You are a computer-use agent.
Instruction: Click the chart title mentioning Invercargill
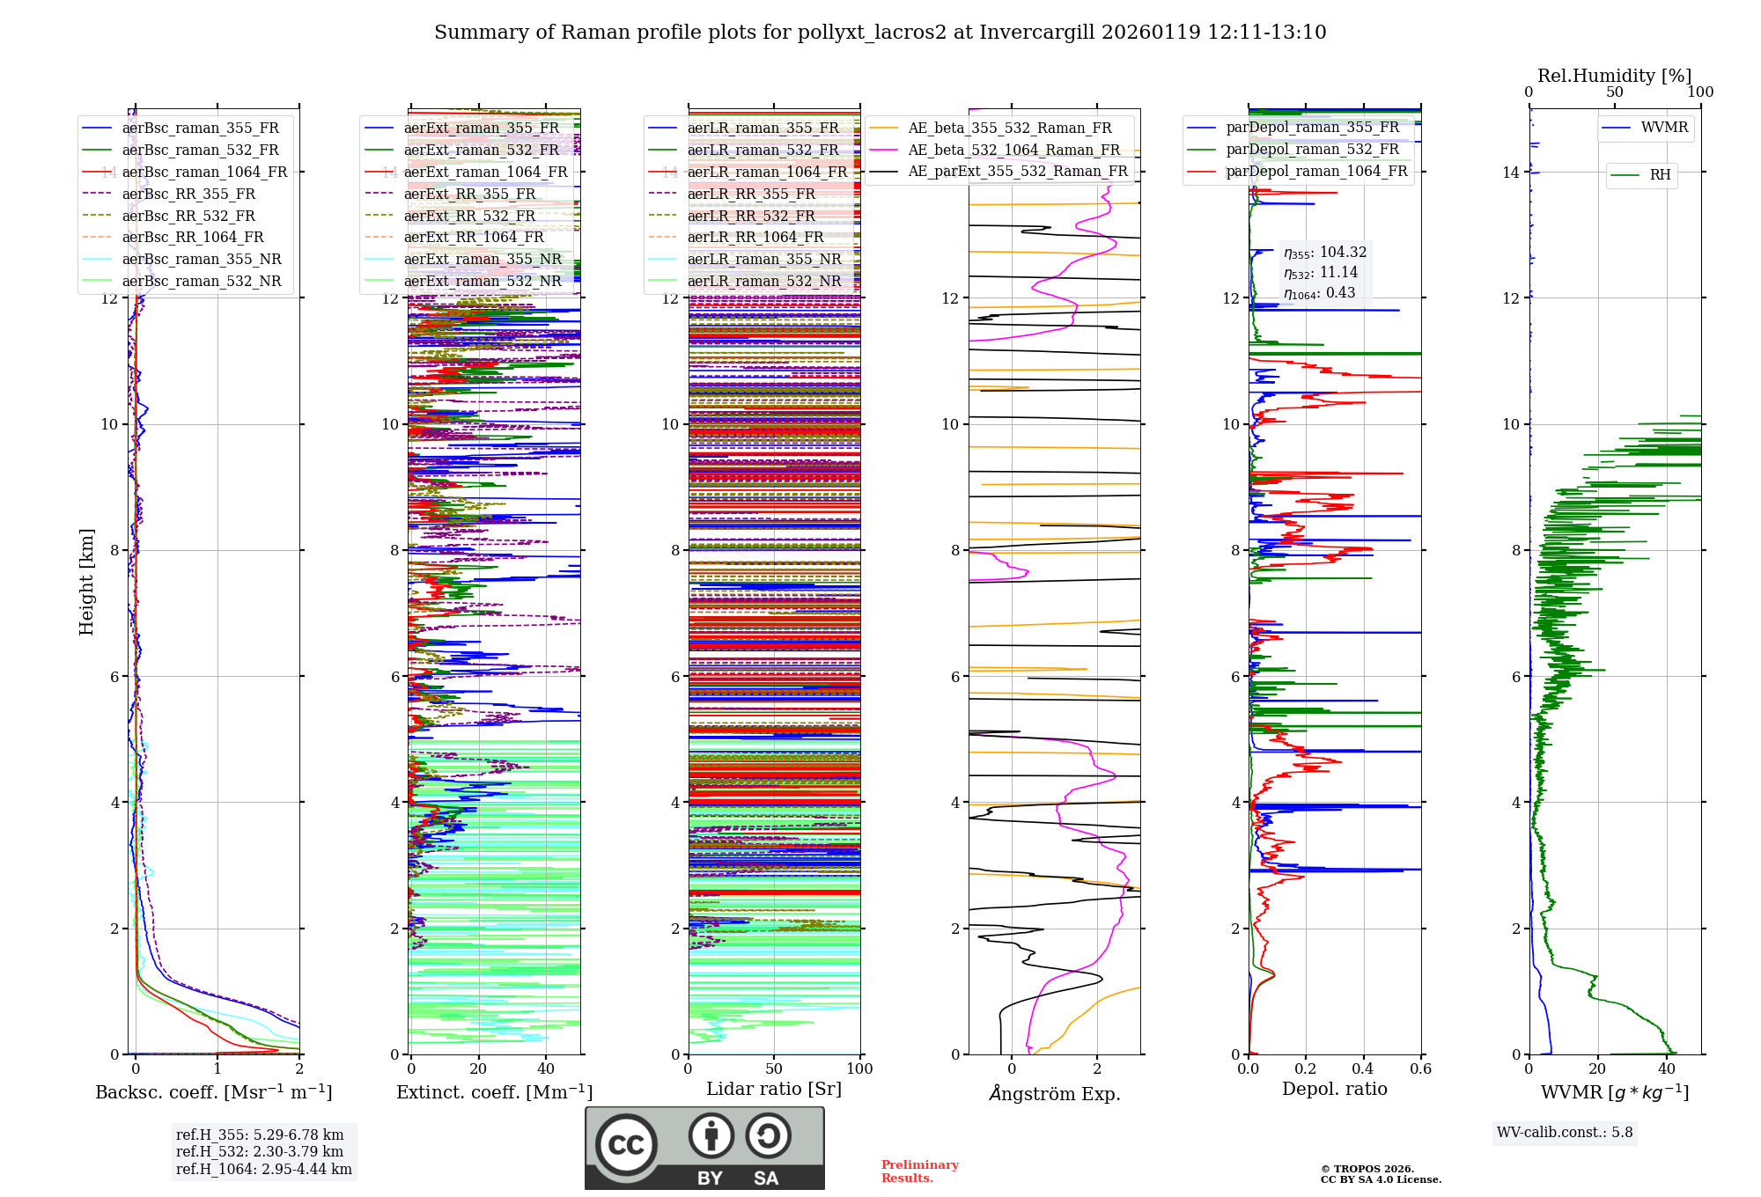(880, 33)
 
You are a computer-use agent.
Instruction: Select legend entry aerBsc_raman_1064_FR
(204, 172)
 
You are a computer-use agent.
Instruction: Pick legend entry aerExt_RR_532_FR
(468, 216)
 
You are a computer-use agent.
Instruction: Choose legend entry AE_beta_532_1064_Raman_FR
(1013, 150)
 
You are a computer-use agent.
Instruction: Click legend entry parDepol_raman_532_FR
(1312, 150)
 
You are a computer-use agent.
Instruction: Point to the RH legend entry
(1660, 175)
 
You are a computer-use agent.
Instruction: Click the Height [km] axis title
(86, 581)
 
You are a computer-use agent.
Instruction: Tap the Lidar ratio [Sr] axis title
(773, 1089)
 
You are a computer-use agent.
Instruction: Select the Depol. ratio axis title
(1334, 1089)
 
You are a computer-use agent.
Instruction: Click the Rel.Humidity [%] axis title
(1614, 76)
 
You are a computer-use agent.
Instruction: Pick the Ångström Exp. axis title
(1054, 1093)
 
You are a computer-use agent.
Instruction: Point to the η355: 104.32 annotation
(1324, 253)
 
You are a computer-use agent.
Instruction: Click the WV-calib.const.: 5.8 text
(1564, 1132)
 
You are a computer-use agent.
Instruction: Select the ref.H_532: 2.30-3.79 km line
(260, 1151)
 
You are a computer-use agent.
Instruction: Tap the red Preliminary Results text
(919, 1171)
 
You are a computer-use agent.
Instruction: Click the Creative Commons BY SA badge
(704, 1148)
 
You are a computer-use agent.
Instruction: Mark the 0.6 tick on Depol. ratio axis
(1420, 1069)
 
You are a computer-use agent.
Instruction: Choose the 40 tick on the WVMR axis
(1666, 1069)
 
